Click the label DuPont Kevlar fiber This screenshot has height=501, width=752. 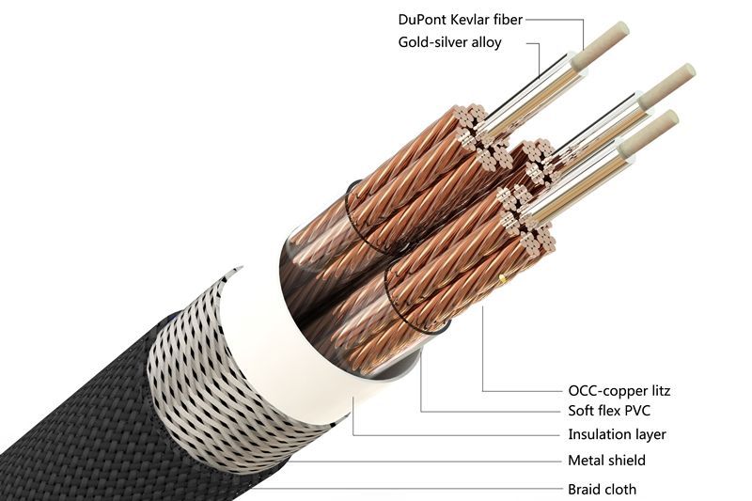pyautogui.click(x=460, y=20)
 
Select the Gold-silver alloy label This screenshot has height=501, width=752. pyautogui.click(x=450, y=42)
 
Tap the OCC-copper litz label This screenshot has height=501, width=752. pyautogui.click(x=619, y=391)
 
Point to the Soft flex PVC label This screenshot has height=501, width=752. pyautogui.click(x=609, y=411)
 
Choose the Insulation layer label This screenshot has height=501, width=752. pyautogui.click(x=617, y=434)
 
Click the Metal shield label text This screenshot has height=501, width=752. pyautogui.click(x=606, y=461)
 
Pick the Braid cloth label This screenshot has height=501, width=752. pyautogui.click(x=602, y=490)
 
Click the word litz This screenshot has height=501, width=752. pyautogui.click(x=659, y=391)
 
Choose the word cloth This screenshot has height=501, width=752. pyautogui.click(x=619, y=490)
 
